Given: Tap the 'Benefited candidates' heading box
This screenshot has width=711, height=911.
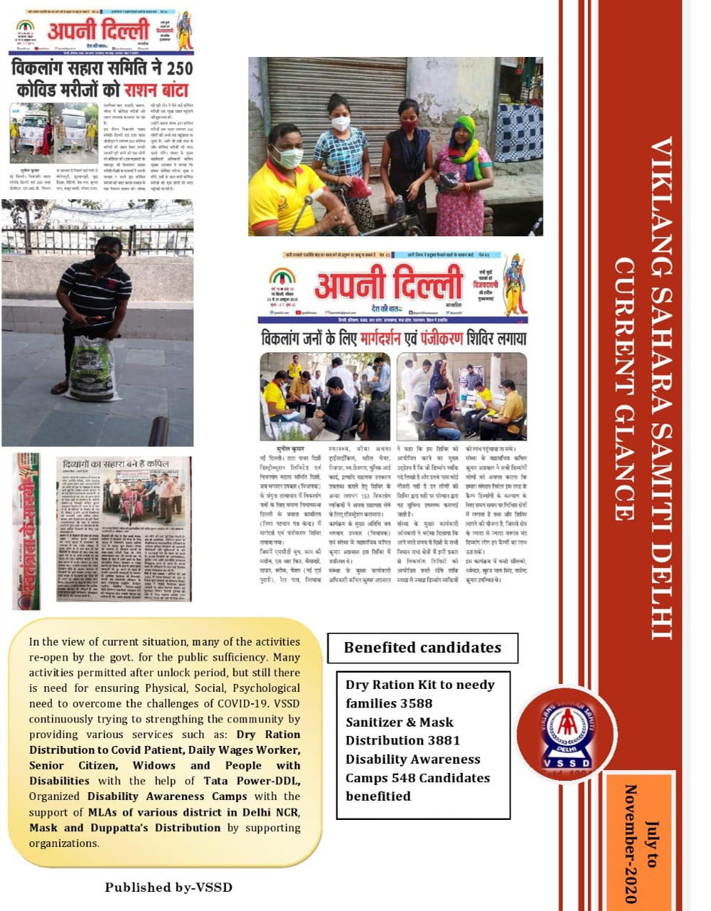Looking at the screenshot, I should (x=422, y=648).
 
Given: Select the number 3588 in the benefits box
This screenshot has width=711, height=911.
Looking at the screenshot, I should (x=416, y=703).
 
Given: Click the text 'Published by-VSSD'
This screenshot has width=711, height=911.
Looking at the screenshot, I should (x=169, y=887).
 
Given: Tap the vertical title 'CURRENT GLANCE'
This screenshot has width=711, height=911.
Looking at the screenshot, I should (x=623, y=389).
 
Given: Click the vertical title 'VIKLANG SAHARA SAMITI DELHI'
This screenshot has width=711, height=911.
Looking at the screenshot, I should (x=661, y=388).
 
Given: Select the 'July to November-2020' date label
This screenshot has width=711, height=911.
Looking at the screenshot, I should (x=641, y=843).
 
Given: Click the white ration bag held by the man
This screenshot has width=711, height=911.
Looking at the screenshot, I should (x=92, y=368).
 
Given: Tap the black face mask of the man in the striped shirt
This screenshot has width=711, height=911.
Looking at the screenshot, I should (x=105, y=260).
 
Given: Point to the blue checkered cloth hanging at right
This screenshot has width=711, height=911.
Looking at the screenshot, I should (x=518, y=132).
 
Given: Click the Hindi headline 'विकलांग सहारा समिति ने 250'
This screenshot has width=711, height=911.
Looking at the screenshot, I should (x=102, y=70).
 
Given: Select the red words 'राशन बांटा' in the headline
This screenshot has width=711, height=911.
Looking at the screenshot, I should (x=156, y=90).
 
